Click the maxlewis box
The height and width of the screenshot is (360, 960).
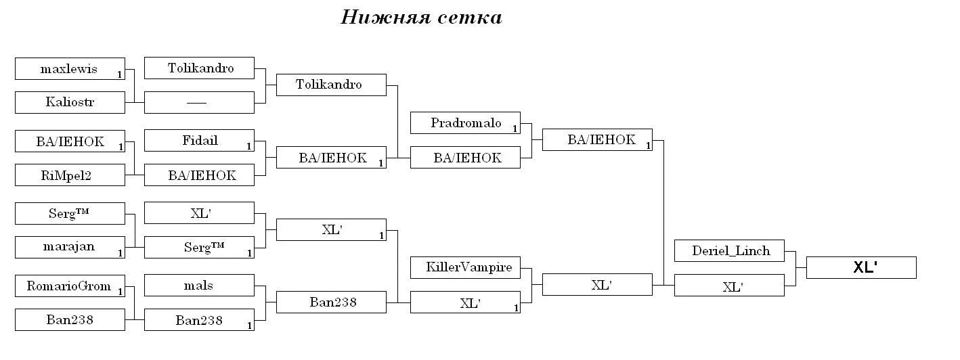(70, 68)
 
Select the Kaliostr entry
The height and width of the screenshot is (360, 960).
(70, 102)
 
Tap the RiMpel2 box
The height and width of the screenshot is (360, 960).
(70, 175)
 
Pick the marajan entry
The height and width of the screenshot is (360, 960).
(70, 247)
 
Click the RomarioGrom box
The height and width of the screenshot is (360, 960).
(70, 286)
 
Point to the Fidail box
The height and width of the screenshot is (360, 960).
(199, 141)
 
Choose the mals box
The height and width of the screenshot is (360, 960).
(199, 286)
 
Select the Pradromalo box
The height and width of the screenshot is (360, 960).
(465, 123)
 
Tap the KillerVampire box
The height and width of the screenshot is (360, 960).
(465, 268)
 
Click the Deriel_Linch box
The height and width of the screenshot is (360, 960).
(729, 250)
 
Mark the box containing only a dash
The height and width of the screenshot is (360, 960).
(199, 102)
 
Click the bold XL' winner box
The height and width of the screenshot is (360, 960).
(861, 268)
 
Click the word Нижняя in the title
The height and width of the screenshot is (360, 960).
(385, 18)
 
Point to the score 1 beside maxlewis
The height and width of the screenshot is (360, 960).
(120, 74)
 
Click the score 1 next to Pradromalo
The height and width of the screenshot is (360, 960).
(515, 129)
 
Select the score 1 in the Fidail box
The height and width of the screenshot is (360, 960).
(249, 147)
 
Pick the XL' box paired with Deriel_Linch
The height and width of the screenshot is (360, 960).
(729, 286)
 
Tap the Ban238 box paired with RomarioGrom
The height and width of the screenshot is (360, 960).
(70, 319)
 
